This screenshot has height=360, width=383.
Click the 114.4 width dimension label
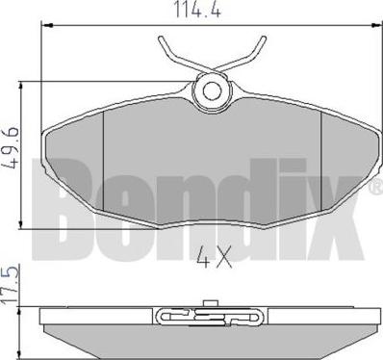point(197,10)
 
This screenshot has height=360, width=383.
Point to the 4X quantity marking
point(214,257)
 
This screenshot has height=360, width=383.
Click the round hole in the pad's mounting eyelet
point(212,90)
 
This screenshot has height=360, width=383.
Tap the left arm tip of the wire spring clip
point(161,39)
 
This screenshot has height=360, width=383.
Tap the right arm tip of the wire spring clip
point(264,39)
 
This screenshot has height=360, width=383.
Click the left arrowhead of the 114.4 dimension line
point(47,25)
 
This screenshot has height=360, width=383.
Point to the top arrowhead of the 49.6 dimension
point(21,87)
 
